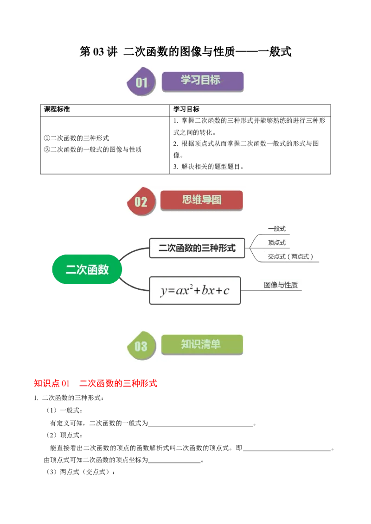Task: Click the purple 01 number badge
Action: click(x=141, y=83)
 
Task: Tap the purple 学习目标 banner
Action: click(x=202, y=81)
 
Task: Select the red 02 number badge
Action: click(x=141, y=202)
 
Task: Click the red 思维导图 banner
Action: click(x=201, y=200)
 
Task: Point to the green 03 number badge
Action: click(x=141, y=346)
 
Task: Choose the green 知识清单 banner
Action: click(x=202, y=344)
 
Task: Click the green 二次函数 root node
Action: click(x=87, y=269)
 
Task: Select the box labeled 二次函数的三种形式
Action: click(x=197, y=248)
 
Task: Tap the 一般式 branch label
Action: click(x=277, y=229)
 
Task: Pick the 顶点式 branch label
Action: click(x=277, y=243)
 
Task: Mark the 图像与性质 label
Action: click(x=281, y=285)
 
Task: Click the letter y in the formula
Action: click(x=164, y=291)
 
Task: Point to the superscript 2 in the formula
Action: click(x=191, y=287)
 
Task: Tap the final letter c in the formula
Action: click(x=226, y=291)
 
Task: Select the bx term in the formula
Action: click(x=207, y=291)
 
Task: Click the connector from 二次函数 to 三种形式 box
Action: click(x=135, y=251)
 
